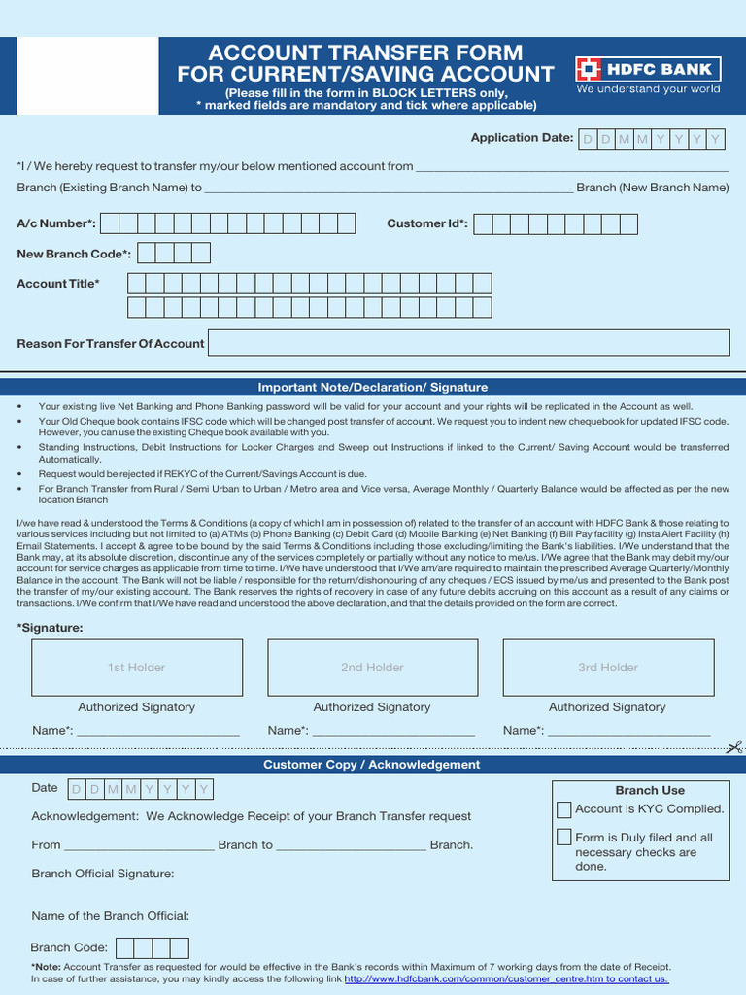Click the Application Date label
(522, 138)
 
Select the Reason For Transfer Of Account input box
(469, 343)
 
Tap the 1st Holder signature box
(136, 668)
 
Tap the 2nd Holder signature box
(372, 668)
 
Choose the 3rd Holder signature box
(608, 668)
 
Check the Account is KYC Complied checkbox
(564, 809)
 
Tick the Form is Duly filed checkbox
(564, 838)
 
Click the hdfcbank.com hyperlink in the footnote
(506, 979)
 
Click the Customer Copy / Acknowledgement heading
(372, 765)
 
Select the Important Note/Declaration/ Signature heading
(372, 387)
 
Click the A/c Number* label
(56, 224)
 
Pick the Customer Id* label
(427, 224)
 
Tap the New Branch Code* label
(74, 254)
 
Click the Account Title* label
(58, 284)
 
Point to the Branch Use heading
(650, 791)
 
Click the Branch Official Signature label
(103, 874)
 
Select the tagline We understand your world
(648, 89)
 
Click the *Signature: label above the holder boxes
(50, 628)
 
